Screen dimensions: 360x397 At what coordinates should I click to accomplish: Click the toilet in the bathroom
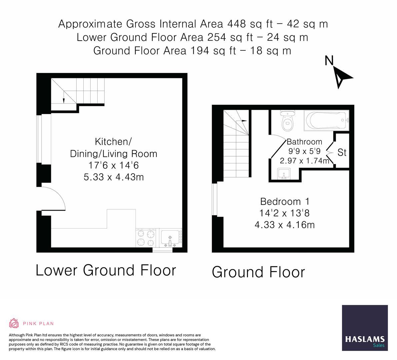tap(287, 121)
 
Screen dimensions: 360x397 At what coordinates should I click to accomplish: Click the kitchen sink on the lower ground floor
tap(171, 238)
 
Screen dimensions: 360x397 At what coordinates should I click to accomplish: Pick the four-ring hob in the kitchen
tap(146, 238)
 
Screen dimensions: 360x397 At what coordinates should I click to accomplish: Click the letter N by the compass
tap(329, 61)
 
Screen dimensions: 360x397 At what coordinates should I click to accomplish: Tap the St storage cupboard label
tap(342, 153)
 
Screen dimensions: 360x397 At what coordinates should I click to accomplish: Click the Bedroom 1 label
tap(285, 201)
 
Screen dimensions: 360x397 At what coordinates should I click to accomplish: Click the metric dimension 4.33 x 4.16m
tap(285, 225)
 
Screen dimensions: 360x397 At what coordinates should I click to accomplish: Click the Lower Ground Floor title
tap(106, 270)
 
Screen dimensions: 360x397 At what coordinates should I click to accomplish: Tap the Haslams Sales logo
tap(365, 328)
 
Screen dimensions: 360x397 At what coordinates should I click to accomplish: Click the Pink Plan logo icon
tap(14, 323)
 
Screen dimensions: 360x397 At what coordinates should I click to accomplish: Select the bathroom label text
tap(304, 141)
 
